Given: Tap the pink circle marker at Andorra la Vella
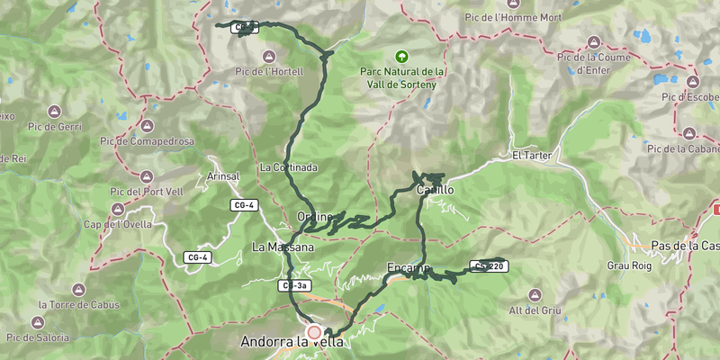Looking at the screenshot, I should click(314, 332).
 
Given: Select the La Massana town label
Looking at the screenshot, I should click(283, 247).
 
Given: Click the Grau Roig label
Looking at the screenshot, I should click(627, 265).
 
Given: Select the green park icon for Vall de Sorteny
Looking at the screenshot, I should click(402, 56).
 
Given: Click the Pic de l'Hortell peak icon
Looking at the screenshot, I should click(265, 56).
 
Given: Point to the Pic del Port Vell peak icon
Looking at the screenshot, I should click(147, 175).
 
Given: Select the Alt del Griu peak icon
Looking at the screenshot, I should click(535, 295).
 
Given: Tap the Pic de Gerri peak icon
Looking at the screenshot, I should click(54, 111).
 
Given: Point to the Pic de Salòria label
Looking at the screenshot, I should click(37, 337).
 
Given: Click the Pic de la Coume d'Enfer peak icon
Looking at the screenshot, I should click(594, 42).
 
